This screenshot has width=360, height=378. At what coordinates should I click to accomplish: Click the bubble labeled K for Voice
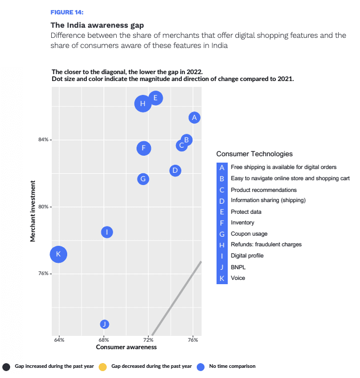[59, 254]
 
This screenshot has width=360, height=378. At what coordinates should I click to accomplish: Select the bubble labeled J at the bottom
[105, 324]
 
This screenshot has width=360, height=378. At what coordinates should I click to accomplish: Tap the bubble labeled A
[195, 117]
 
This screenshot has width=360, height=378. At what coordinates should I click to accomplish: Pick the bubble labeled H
[142, 104]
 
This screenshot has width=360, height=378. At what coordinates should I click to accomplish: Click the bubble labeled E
[156, 98]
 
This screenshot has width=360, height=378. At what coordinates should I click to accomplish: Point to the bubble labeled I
[107, 232]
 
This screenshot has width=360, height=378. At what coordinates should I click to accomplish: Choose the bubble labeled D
[175, 171]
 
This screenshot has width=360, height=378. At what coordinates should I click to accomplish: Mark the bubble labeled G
[142, 179]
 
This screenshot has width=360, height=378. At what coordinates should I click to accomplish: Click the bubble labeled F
[143, 148]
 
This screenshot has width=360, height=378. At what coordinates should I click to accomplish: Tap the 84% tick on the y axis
[44, 140]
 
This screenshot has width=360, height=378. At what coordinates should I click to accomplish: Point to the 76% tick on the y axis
[44, 274]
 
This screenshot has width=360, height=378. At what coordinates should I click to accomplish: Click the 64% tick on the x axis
[59, 339]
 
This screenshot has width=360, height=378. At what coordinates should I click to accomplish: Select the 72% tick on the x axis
[149, 339]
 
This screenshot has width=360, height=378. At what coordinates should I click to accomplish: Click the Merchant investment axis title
[33, 211]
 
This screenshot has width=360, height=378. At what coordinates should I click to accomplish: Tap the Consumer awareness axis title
[126, 347]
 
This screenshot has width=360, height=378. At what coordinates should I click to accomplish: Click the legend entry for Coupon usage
[249, 234]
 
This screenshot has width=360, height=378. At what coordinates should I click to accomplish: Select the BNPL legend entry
[238, 267]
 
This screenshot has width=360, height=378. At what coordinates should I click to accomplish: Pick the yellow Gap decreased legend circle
[103, 367]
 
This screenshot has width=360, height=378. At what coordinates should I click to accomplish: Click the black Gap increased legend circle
[6, 367]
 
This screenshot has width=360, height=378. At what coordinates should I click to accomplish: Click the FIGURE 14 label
[67, 12]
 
